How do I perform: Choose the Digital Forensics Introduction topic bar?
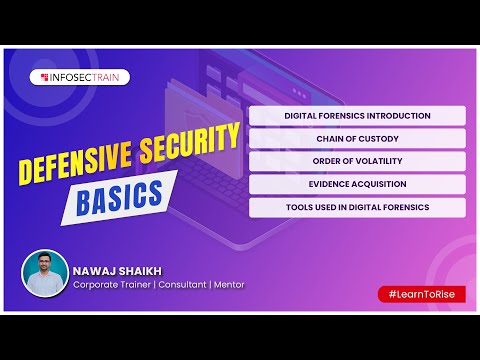(357, 116)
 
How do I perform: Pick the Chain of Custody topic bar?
(357, 139)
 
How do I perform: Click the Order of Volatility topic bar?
(357, 162)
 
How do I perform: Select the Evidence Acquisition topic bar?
(357, 185)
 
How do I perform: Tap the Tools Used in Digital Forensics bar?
(357, 208)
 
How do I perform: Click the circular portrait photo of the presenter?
(46, 273)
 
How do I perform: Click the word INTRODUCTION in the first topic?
(395, 116)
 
